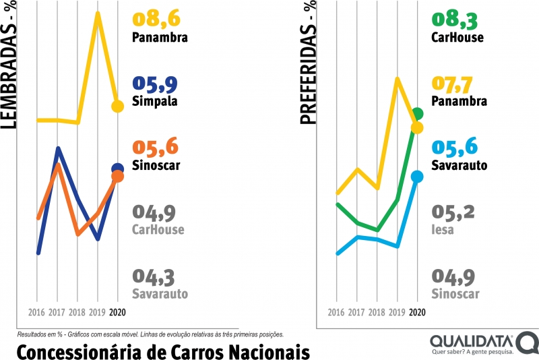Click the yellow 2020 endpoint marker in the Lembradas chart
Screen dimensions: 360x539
(x=118, y=106)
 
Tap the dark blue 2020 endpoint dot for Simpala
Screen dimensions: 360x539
(x=118, y=169)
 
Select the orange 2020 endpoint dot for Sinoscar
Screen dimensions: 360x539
(x=118, y=177)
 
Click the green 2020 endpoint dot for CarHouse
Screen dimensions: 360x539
(x=417, y=113)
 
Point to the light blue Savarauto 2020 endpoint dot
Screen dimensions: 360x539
(x=417, y=177)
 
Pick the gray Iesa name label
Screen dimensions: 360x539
(x=443, y=230)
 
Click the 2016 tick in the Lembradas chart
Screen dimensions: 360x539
(x=38, y=313)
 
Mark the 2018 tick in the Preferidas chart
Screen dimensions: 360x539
(x=377, y=313)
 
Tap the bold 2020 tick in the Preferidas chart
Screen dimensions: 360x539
(x=417, y=313)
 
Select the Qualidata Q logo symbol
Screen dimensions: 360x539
(x=528, y=342)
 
